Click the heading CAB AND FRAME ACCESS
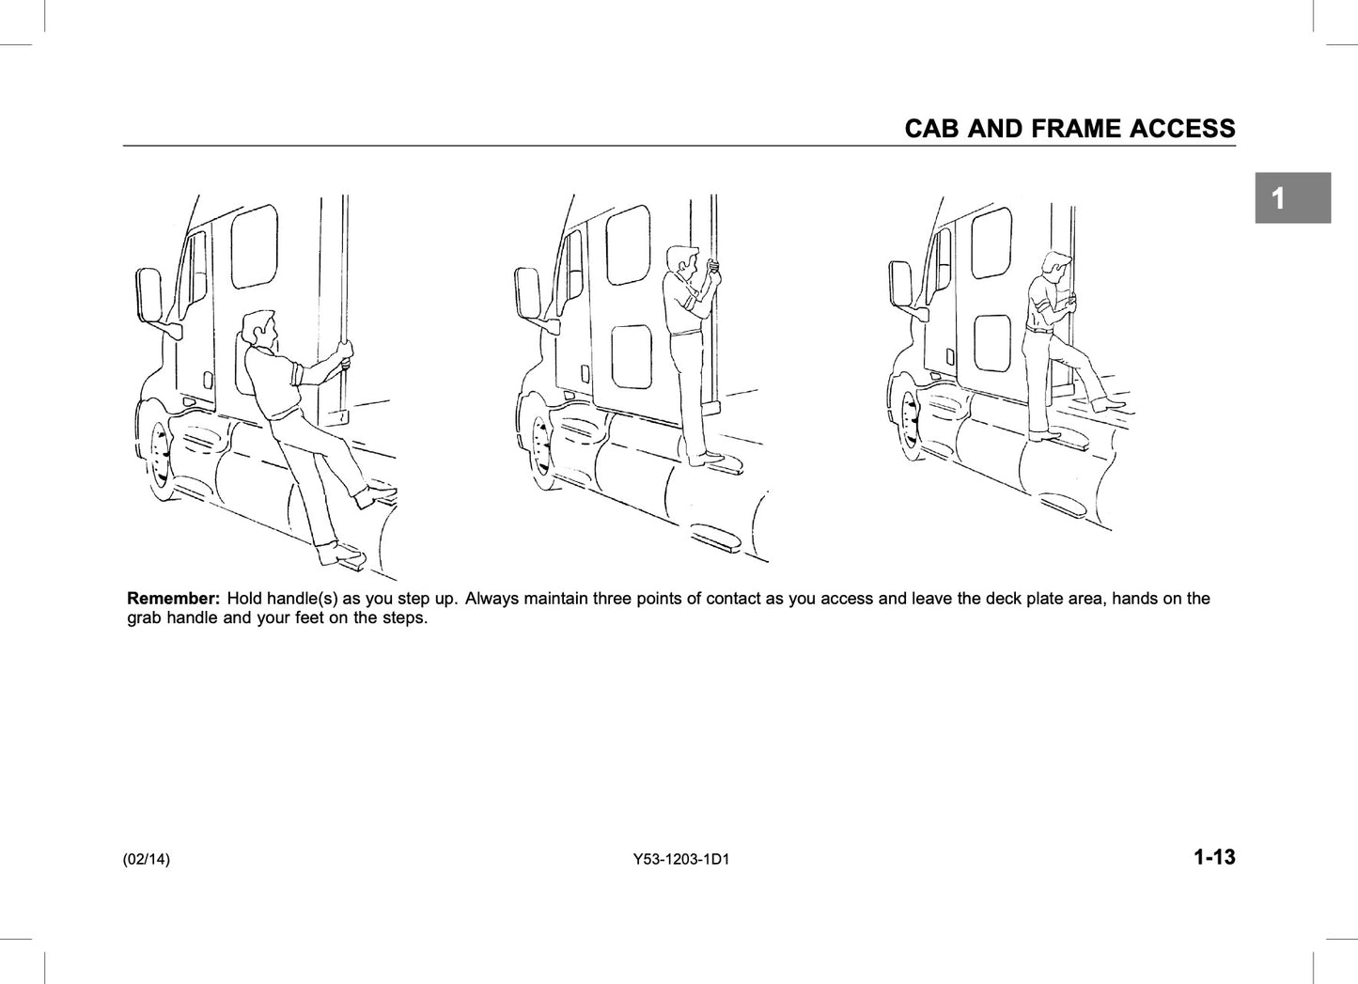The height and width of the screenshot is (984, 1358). [1070, 129]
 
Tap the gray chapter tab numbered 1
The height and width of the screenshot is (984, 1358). [1293, 197]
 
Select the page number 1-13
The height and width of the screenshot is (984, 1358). [1214, 857]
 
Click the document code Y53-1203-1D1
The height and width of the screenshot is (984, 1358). [681, 859]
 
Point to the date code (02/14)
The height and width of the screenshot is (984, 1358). [146, 859]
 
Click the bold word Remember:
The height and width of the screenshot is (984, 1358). [173, 599]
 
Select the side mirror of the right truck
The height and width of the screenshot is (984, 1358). [900, 284]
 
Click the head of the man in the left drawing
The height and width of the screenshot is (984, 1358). [258, 330]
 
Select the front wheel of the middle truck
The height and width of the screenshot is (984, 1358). [540, 445]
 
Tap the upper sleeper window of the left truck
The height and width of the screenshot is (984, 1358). [254, 246]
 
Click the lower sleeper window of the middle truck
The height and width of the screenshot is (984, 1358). [632, 356]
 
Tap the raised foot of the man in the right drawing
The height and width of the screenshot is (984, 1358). [1108, 403]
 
